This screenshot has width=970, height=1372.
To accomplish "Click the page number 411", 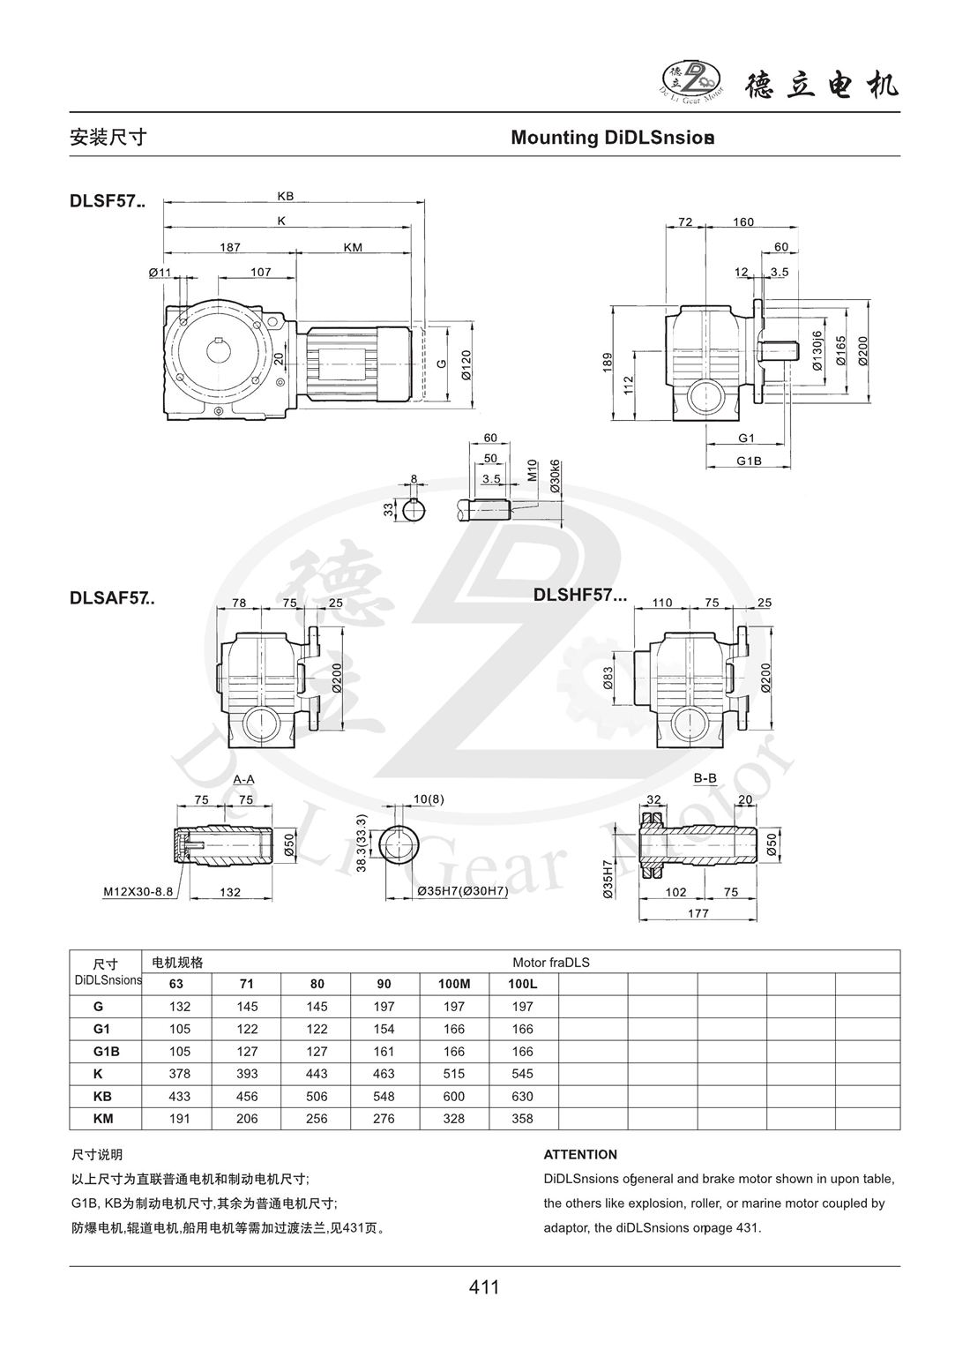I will tap(484, 1287).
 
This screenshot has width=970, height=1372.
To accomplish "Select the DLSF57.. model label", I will tap(108, 201).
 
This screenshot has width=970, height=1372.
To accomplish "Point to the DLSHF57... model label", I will tap(580, 595).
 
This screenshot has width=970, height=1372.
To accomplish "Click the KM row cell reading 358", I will tap(523, 1119).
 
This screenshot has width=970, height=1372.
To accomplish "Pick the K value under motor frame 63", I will tap(178, 1074).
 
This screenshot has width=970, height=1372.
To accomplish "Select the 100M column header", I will tap(454, 983).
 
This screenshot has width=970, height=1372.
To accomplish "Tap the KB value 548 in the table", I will tap(385, 1097).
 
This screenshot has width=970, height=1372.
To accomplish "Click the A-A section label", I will tap(244, 780).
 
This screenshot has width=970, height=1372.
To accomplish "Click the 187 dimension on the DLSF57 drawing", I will tap(229, 248).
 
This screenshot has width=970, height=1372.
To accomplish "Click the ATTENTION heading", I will tap(580, 1154).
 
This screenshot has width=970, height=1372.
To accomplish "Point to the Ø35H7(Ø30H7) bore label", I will tap(462, 892).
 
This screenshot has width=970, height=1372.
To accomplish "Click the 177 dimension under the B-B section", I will tap(698, 913).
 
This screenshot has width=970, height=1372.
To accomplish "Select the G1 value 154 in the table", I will tap(385, 1029).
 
